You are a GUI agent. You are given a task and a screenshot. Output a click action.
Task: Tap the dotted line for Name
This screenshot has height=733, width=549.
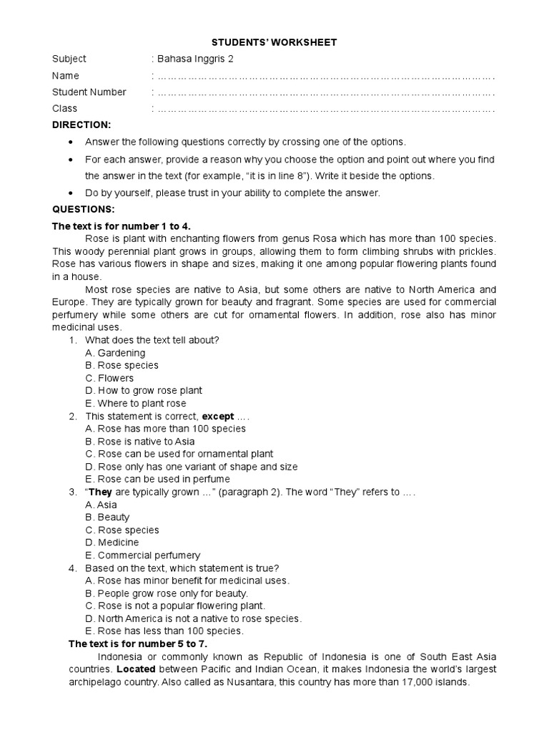(x=325, y=76)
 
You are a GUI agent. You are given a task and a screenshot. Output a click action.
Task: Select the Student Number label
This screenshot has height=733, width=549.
(x=89, y=92)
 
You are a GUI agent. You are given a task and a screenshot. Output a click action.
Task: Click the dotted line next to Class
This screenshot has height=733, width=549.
(x=325, y=109)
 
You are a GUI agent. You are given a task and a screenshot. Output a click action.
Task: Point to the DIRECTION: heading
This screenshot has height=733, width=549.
(x=81, y=125)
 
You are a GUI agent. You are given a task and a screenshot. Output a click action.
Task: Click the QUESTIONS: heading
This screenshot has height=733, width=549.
(x=83, y=209)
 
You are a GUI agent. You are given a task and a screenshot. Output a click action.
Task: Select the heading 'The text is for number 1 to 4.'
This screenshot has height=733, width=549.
(x=122, y=225)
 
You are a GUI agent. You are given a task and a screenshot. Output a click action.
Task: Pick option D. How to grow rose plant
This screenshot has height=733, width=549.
(x=143, y=390)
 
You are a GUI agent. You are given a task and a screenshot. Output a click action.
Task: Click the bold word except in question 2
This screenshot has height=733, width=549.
(x=218, y=416)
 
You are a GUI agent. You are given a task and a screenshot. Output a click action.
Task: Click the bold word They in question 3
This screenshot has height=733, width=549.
(x=101, y=492)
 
